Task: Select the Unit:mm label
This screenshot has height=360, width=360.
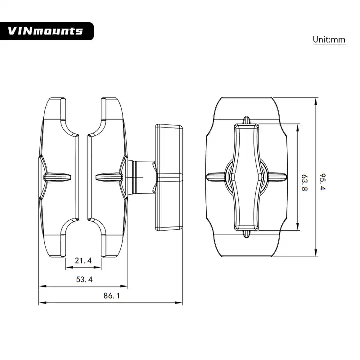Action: (329, 40)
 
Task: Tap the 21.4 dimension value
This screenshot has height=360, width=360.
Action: (83, 261)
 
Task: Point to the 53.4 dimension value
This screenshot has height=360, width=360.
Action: (84, 279)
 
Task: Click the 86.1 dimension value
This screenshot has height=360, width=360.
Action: (112, 296)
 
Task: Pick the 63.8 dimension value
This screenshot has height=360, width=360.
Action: (304, 183)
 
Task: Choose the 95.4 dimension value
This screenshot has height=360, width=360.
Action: (323, 182)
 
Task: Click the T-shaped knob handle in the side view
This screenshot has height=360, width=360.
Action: (169, 177)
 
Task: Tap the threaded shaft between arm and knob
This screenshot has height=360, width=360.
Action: (142, 177)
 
